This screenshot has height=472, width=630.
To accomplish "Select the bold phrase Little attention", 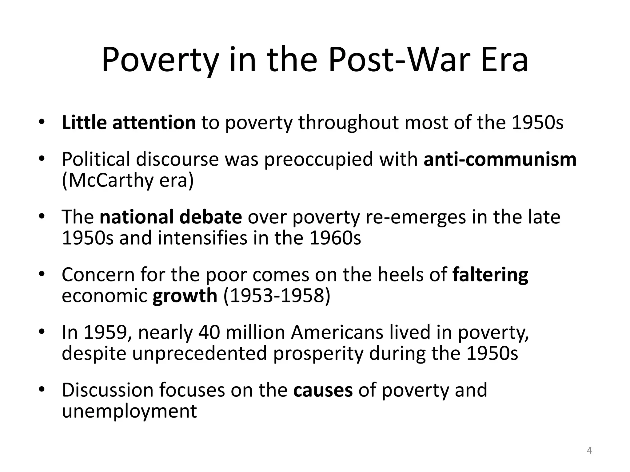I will tap(129, 123).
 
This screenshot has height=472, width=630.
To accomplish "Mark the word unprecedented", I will tap(200, 353).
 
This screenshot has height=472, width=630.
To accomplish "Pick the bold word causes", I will tap(323, 390).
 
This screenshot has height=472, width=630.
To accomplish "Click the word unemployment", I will tap(129, 411).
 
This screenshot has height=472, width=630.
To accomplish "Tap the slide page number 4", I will tap(589, 450).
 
